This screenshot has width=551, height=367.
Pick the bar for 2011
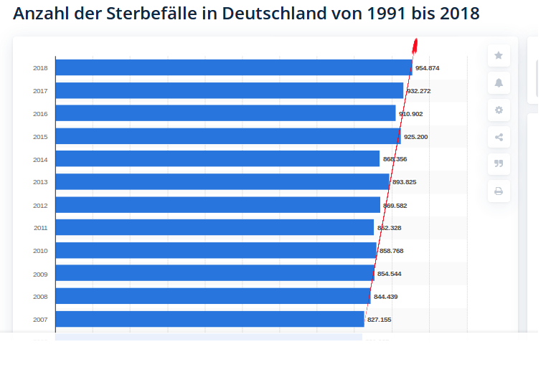(215, 227)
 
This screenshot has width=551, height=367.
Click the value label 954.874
(428, 68)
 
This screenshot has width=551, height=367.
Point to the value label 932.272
(418, 91)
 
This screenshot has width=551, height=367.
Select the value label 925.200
(415, 136)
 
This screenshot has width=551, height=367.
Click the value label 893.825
(404, 182)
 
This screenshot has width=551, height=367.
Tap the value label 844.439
(385, 296)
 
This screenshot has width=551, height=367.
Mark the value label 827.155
(380, 319)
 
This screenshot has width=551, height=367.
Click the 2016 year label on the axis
(40, 114)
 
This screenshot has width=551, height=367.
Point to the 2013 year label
(40, 182)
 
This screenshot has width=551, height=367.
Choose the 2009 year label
(40, 274)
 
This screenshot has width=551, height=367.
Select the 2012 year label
(40, 205)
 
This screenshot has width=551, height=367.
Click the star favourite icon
(499, 55)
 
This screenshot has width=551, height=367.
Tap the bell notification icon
(499, 82)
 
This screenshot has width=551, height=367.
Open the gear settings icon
(499, 110)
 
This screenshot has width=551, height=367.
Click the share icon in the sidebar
(499, 137)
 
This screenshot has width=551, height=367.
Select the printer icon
(499, 191)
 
